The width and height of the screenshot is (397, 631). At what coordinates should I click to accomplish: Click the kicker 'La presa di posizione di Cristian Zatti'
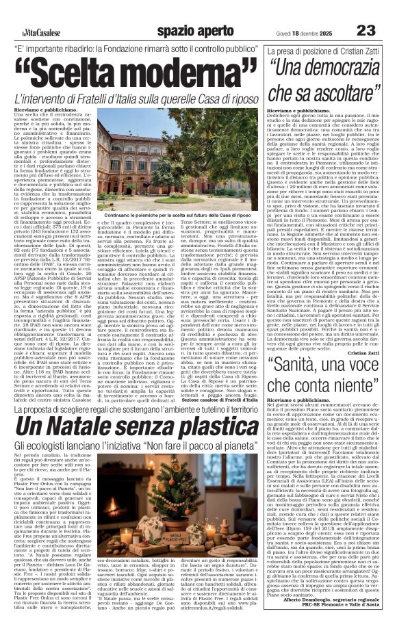(319, 52)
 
